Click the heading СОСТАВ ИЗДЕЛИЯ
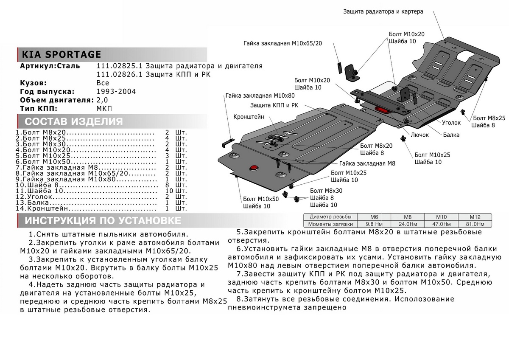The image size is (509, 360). pyautogui.click(x=74, y=122)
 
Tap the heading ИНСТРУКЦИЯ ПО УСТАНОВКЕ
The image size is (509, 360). pyautogui.click(x=103, y=221)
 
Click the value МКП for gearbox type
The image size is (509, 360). pyautogui.click(x=104, y=108)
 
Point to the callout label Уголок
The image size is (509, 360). pyautogui.click(x=451, y=122)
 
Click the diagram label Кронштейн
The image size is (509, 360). pyautogui.click(x=249, y=116)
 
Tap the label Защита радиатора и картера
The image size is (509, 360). pyautogui.click(x=383, y=12)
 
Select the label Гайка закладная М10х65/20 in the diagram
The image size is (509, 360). pyautogui.click(x=283, y=43)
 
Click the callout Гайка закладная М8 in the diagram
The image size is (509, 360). pyautogui.click(x=367, y=163)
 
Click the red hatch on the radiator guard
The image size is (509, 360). pyautogui.click(x=381, y=110)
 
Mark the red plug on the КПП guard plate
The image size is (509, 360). pyautogui.click(x=254, y=167)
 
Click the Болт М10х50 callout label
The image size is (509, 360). pyautogui.click(x=261, y=199)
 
